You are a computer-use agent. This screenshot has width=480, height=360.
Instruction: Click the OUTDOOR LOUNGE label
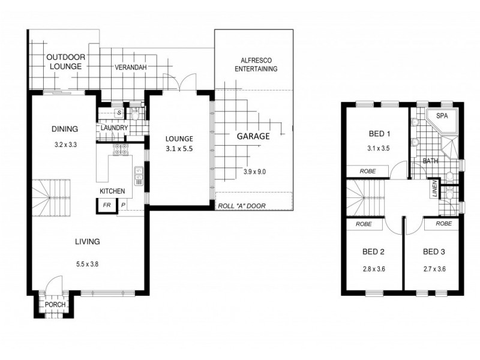coord(65,62)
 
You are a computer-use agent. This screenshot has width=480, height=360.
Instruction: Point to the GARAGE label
coord(253,136)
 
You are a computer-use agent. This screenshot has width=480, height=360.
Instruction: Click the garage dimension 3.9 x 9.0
coord(254,171)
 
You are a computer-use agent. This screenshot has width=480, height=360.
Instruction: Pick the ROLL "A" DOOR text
coord(241,206)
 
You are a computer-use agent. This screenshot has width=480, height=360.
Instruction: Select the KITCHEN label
coord(112,191)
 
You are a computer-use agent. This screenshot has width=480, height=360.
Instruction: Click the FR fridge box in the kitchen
coord(106,205)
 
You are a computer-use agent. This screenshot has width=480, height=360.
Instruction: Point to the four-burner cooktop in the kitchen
coord(119,149)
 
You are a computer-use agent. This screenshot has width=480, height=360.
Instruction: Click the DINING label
coord(65,128)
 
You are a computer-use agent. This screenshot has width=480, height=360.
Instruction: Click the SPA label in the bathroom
coord(442,116)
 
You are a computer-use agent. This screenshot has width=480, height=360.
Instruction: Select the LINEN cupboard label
coord(434,190)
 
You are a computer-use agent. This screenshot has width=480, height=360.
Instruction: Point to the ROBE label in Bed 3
coord(444,223)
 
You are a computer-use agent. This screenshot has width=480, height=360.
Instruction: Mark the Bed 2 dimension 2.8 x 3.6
coord(373,269)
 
